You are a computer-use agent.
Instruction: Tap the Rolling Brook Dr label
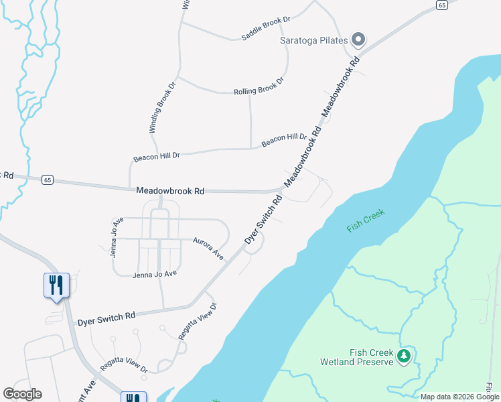click(x=259, y=86)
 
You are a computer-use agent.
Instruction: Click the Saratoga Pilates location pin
click(x=358, y=40)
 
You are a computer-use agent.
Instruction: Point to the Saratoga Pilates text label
click(x=313, y=40)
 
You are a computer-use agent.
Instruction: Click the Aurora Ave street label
click(x=208, y=248)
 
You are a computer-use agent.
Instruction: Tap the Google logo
click(x=22, y=393)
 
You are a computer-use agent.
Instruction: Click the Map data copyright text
click(x=460, y=397)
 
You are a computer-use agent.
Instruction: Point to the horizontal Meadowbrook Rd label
click(x=170, y=191)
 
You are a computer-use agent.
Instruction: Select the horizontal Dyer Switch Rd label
click(x=106, y=317)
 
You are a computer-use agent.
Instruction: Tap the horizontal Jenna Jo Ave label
click(x=155, y=273)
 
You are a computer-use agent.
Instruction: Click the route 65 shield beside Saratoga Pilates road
click(x=441, y=5)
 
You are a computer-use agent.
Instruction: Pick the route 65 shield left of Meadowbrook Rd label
click(x=47, y=180)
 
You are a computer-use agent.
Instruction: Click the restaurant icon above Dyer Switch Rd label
click(x=56, y=285)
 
